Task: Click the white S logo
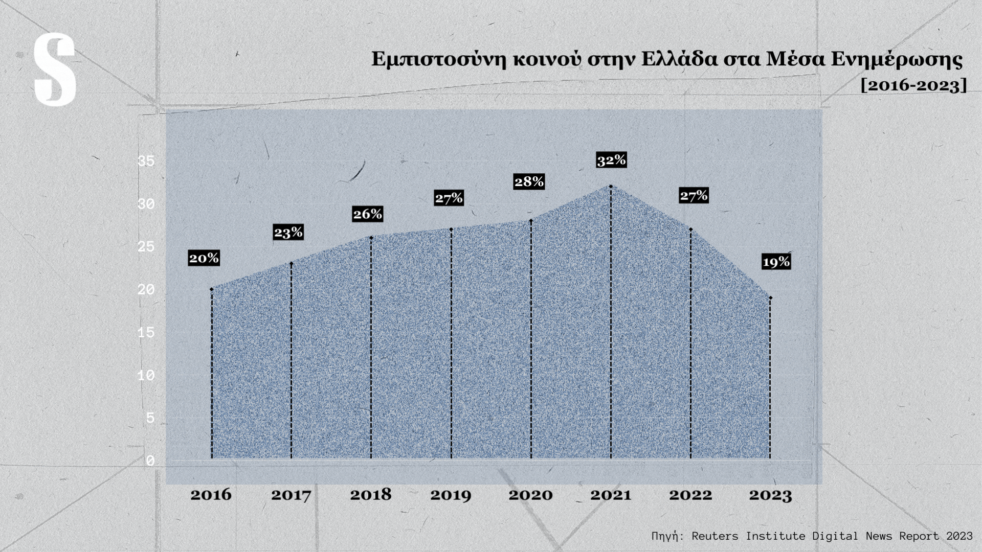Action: pos(55,70)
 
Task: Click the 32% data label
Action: pos(611,160)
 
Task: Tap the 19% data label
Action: pos(776,262)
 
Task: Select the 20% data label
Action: pos(204,258)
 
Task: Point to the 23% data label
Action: pos(288,233)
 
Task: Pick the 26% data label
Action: pos(367,214)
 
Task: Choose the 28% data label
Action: pos(529,181)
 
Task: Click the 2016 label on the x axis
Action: pos(211,495)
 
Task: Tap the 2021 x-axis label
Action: pos(611,495)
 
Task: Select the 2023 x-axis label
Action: pos(770,495)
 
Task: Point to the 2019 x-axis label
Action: pos(451,495)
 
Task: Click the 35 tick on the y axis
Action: pos(146,162)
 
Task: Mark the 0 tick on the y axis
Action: pos(150,461)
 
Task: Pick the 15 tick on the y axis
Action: pos(146,333)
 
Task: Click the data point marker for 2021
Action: pos(611,186)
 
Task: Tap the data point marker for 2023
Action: pos(770,297)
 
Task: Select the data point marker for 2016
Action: pos(211,289)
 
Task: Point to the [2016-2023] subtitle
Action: pos(913,85)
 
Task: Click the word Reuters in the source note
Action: pos(715,536)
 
